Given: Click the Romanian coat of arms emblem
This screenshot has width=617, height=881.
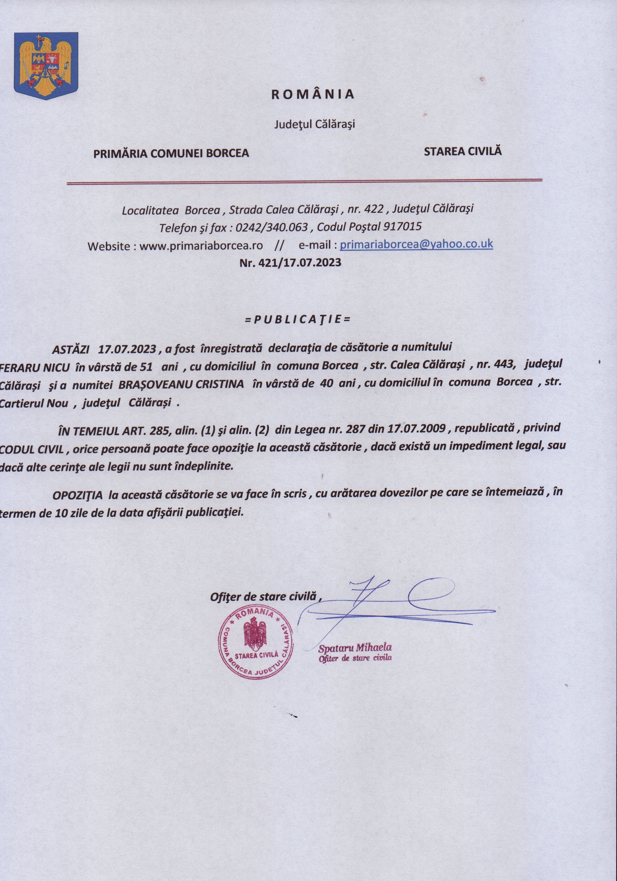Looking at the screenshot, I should tap(46, 66).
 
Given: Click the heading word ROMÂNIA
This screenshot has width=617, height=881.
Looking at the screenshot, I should tap(312, 94).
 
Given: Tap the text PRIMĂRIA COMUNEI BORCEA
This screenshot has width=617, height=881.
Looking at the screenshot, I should tap(171, 153).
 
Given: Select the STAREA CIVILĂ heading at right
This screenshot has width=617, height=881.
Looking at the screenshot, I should tap(463, 151).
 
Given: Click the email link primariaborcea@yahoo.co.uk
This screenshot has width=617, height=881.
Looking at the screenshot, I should tap(416, 244).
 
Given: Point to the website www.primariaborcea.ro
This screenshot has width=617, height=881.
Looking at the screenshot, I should tap(201, 245).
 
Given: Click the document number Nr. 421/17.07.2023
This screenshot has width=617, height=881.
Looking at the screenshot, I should tap(290, 263).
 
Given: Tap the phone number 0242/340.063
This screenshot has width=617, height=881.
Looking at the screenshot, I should tap(272, 227).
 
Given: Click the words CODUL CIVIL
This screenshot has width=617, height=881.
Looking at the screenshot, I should tap(32, 449).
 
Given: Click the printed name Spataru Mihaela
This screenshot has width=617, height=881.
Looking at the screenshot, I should tap(355, 648).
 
